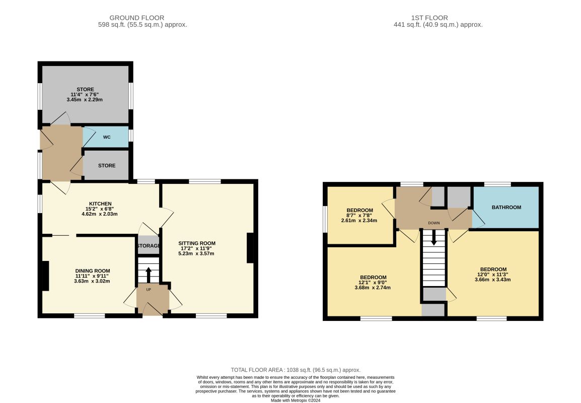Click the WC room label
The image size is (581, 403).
[107, 137]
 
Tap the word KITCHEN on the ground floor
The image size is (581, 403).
[100, 204]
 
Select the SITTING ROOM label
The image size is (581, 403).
[197, 243]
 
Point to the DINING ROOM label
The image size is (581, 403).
[93, 271]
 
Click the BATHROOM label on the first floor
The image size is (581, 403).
[506, 207]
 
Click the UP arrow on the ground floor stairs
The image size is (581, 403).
[149, 275]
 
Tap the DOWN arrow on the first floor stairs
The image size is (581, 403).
[434, 237]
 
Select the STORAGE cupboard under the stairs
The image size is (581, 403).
[149, 245]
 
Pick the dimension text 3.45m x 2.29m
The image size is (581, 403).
[85, 100]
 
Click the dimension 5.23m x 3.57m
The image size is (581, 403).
[196, 253]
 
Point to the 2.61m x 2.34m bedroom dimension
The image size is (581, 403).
[359, 221]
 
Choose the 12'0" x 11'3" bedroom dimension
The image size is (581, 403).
[493, 275]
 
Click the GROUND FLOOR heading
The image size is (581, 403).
[137, 18]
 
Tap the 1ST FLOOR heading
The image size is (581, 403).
[429, 18]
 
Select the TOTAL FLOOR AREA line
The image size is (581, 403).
[296, 370]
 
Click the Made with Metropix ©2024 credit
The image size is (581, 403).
[296, 400]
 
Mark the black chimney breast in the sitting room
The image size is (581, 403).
[251, 248]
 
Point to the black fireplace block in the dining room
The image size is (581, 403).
[45, 276]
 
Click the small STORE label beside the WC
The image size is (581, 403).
[107, 166]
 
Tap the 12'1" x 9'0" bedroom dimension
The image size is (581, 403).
[373, 283]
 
